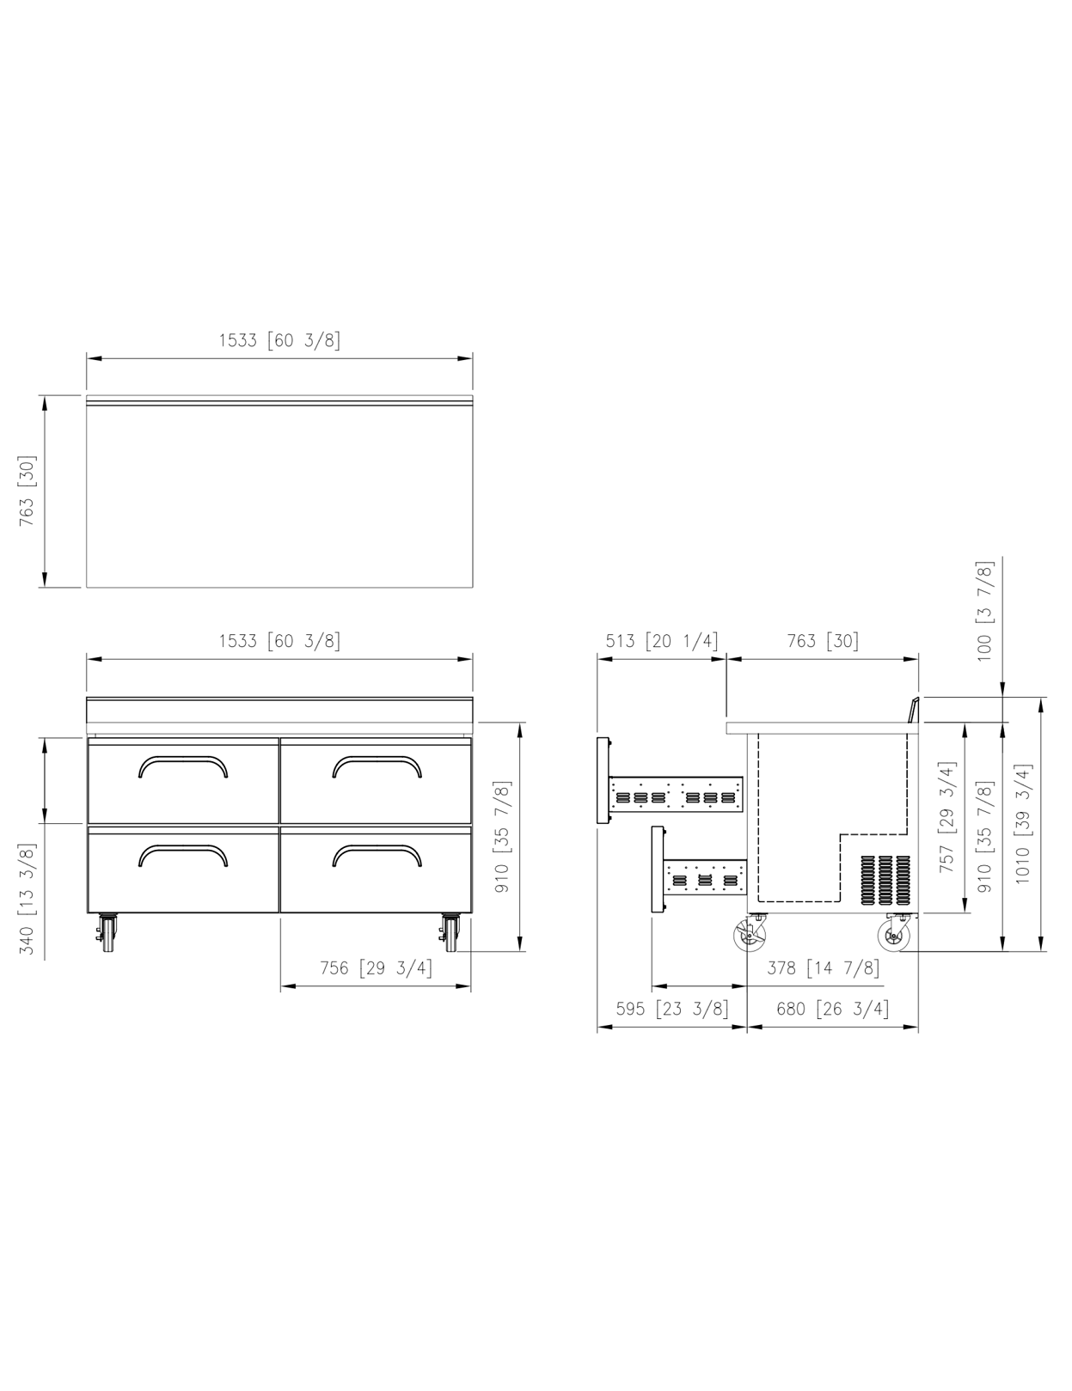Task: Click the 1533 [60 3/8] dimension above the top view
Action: click(279, 340)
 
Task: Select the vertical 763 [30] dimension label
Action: click(28, 491)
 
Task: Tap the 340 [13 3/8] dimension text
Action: click(28, 900)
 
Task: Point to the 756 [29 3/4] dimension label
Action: click(376, 968)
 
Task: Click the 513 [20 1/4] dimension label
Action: click(663, 641)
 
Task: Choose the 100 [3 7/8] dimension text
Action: click(984, 612)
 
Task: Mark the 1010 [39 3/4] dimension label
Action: click(1023, 824)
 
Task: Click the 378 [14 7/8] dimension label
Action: click(824, 968)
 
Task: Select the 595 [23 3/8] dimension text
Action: click(672, 1009)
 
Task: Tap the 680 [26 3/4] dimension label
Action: click(832, 1009)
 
